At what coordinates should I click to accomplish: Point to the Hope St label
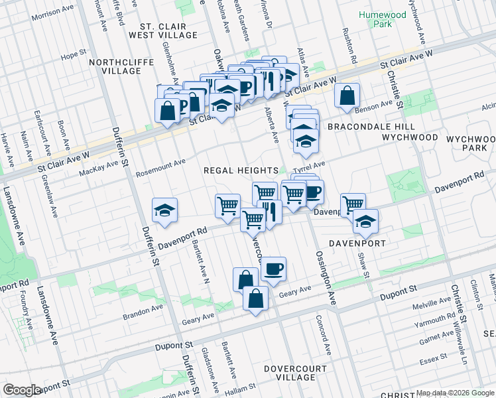point(74,56)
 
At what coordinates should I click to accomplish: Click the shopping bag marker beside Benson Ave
point(347,96)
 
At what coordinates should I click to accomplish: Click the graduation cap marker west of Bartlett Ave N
point(164,212)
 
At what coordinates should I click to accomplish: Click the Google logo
point(22,390)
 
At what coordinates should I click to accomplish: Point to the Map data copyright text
point(456,393)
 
